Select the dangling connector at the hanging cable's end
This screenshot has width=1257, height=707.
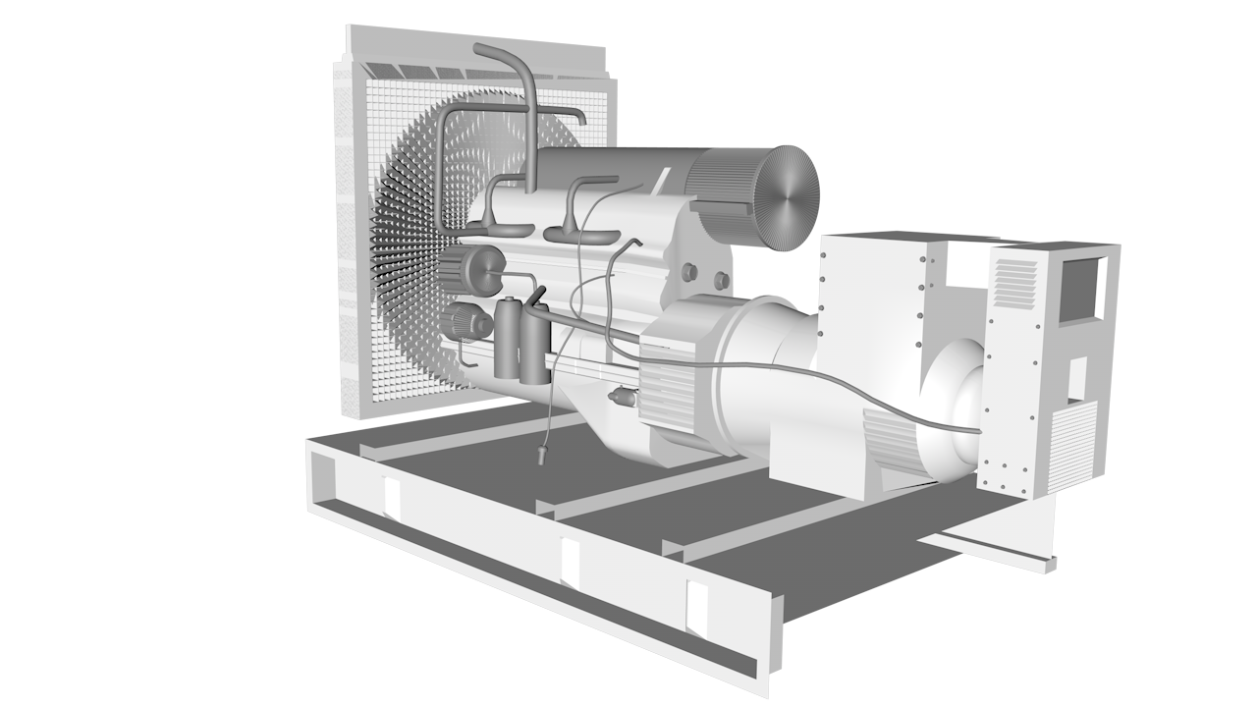click(x=542, y=454)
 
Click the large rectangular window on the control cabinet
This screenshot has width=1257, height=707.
click(x=1080, y=289)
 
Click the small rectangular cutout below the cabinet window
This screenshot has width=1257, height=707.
click(x=1077, y=378)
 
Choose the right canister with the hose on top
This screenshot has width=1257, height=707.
click(x=534, y=345)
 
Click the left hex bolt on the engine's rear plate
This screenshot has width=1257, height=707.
click(x=688, y=270)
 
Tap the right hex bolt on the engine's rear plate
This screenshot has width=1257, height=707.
click(x=722, y=280)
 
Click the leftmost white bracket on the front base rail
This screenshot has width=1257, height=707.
click(x=392, y=498)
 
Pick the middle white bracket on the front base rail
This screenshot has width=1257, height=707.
click(x=570, y=563)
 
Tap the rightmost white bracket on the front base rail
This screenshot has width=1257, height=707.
click(x=697, y=608)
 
